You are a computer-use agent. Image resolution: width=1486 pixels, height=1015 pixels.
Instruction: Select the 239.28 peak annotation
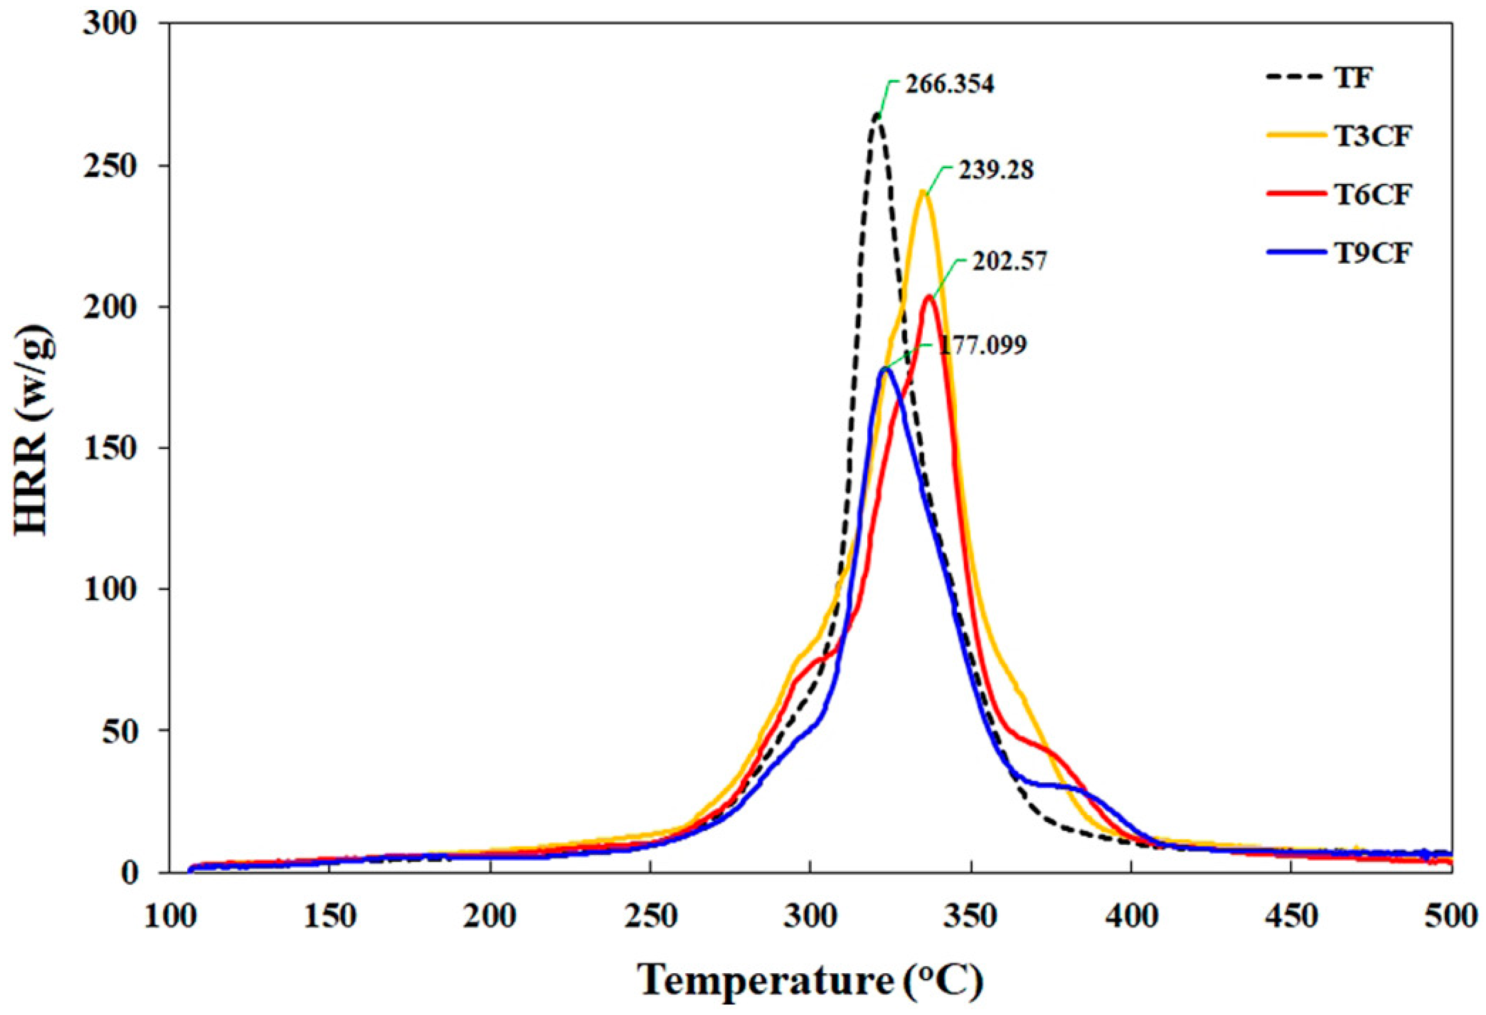click(x=995, y=171)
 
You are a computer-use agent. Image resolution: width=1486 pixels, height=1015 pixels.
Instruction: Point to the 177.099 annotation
click(x=982, y=346)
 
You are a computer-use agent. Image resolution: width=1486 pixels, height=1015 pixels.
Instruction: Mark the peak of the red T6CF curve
click(x=929, y=297)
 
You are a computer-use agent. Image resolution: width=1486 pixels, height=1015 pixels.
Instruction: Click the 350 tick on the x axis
click(x=971, y=916)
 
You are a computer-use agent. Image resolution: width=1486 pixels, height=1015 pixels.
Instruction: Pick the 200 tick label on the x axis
click(x=490, y=916)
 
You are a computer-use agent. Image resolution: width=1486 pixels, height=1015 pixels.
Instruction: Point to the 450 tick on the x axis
click(x=1292, y=916)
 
